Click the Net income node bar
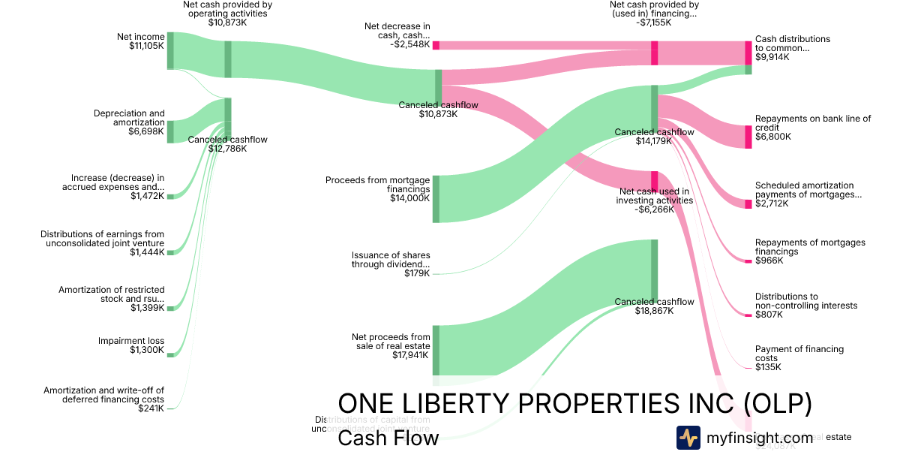tap(170, 51)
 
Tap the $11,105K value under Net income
tap(146, 46)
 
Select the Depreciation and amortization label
tap(129, 118)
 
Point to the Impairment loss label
tap(131, 341)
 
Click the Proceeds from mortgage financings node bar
tap(436, 199)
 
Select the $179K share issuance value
tap(417, 273)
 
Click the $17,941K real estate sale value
tap(411, 355)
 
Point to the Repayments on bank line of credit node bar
tap(748, 137)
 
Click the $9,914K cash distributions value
tap(772, 57)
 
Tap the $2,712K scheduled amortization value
tap(772, 203)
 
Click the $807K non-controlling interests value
tap(769, 315)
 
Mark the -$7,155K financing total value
tap(654, 23)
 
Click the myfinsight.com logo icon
tap(688, 438)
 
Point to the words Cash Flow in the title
tap(388, 438)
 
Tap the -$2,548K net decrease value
tap(410, 44)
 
